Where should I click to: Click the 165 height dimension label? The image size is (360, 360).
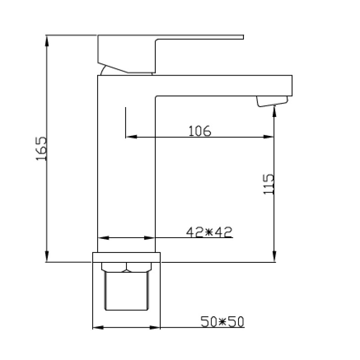click(x=41, y=148)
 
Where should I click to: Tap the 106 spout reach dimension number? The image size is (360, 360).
click(x=199, y=131)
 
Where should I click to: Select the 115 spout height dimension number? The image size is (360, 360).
click(x=268, y=184)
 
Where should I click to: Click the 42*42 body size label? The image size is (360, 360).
click(x=209, y=232)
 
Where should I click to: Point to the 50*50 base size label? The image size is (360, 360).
click(x=222, y=321)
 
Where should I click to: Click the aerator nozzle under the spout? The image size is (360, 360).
click(x=272, y=101)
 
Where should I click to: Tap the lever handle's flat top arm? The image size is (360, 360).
click(x=199, y=37)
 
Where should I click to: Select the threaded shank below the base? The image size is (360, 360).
click(x=126, y=291)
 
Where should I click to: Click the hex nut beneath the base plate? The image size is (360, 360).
click(x=126, y=267)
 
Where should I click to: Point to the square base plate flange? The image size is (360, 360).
click(x=126, y=257)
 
